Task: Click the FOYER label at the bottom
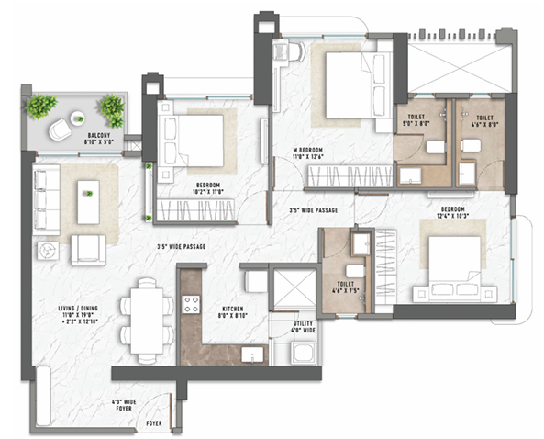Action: pos(155,423)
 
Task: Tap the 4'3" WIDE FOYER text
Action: pos(124,405)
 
